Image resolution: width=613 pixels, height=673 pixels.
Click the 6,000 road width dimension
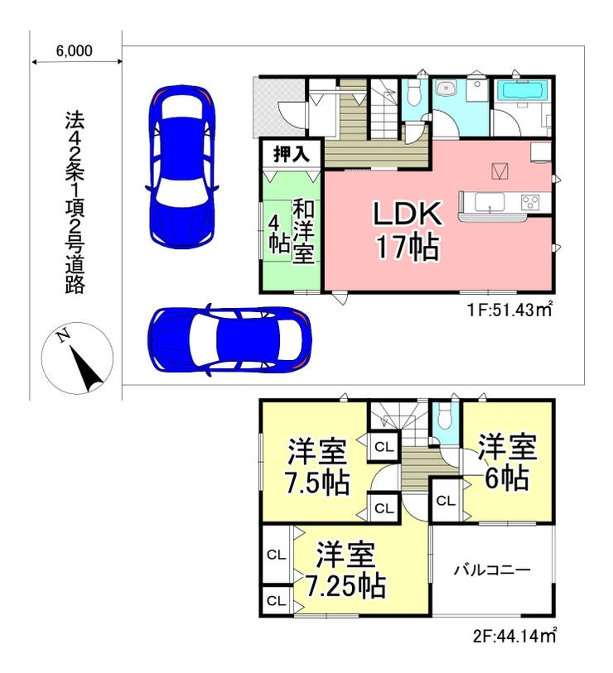coord(74,51)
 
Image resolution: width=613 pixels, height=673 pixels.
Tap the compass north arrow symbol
coord(77,358)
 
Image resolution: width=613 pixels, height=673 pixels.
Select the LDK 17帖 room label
coord(408,230)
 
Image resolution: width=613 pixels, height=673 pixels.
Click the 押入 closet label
coord(292,154)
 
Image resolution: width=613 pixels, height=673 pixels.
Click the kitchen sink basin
coord(490,202)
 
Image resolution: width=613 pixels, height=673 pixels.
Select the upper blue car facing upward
coord(181,166)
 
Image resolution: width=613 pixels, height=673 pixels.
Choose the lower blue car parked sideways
coord(229,339)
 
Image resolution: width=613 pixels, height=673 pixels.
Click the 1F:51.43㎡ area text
coord(509,309)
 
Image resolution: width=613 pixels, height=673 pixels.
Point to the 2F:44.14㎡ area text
coord(515,636)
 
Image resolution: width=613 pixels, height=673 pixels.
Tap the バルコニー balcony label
coord(493,570)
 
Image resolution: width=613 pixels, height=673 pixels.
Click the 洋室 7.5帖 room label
coord(318,466)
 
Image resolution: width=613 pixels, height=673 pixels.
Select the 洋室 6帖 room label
coord(507,462)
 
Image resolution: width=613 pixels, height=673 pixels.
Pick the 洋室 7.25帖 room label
coord(345,570)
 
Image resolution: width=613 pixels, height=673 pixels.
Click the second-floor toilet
coord(444,416)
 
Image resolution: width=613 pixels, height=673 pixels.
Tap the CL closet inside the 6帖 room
coord(446,501)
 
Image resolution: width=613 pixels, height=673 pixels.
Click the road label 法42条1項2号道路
coord(75,203)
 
